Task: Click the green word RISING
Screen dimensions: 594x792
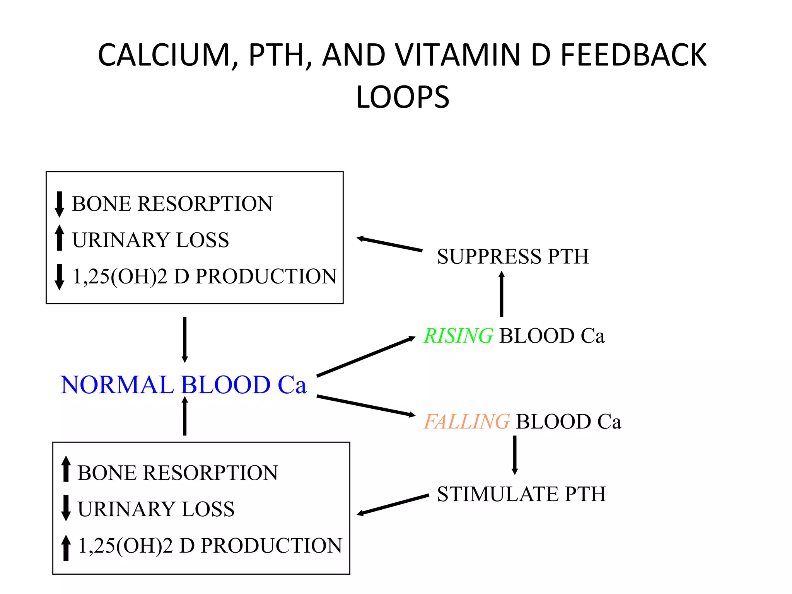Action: coord(458,335)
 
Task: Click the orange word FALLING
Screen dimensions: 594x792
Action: coord(467,421)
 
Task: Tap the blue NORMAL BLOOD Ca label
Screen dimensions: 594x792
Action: coord(183,385)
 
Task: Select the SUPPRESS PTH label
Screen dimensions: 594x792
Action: coord(512,256)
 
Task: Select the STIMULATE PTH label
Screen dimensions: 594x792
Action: coord(521,494)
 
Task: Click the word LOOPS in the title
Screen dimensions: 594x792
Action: coord(402,97)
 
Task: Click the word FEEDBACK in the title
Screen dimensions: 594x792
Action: coord(633,55)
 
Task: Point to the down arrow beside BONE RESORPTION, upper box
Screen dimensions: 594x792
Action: coord(59,204)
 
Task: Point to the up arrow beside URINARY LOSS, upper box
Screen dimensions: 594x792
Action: coord(59,238)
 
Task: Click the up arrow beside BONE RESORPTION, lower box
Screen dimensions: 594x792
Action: coord(66,469)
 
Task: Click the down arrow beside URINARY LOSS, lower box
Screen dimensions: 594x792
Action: coord(66,507)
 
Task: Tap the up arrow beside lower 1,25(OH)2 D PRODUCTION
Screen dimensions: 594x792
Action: coord(66,548)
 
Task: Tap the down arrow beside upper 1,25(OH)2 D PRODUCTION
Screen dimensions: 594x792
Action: coord(59,277)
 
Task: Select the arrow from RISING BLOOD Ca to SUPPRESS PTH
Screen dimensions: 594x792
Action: coord(501,294)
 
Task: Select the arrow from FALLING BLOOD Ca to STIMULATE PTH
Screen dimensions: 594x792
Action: coord(514,455)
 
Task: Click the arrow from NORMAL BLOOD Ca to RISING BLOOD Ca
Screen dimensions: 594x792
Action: coord(365,356)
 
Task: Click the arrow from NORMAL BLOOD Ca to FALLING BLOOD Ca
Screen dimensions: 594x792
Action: coord(365,406)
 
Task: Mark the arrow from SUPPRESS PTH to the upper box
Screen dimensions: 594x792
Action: coord(389,244)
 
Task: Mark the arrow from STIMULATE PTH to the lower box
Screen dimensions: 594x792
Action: coord(392,505)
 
